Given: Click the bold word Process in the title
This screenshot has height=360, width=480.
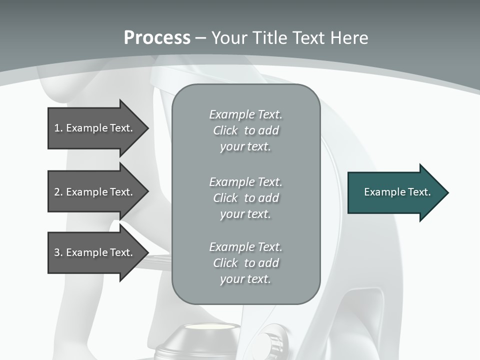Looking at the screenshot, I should (x=157, y=38).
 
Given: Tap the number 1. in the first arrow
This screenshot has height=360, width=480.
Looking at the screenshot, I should (x=58, y=128).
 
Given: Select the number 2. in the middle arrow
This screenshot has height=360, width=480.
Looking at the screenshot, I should (x=58, y=192).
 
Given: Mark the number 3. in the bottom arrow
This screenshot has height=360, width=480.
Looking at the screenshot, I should (x=58, y=252).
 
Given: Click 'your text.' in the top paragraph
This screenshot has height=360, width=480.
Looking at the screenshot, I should (x=245, y=146).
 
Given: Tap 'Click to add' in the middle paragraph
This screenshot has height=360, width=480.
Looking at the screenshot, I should (x=245, y=198).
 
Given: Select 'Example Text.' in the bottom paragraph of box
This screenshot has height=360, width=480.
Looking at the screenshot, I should (x=245, y=247).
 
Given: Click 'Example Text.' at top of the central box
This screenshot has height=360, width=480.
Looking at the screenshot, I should (x=245, y=114).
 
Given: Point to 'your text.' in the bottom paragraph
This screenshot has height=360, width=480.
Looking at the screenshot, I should (x=245, y=279).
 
